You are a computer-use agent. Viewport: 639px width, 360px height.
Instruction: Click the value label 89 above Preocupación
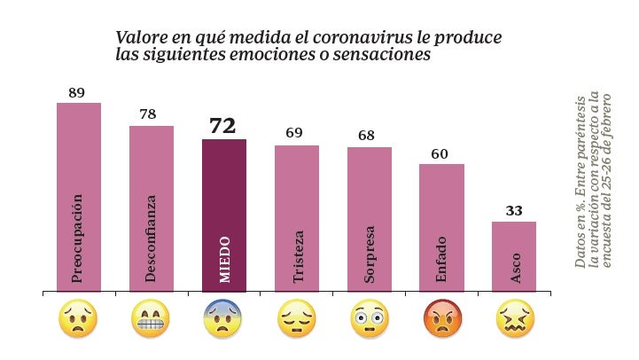click(76, 93)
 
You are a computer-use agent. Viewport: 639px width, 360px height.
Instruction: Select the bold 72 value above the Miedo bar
click(222, 126)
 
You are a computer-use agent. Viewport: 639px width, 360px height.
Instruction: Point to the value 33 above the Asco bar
click(514, 211)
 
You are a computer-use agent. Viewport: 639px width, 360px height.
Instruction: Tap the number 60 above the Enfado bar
click(440, 154)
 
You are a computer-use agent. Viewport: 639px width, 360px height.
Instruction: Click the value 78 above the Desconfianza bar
click(149, 115)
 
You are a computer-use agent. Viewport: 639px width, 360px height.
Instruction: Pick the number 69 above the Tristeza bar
click(294, 134)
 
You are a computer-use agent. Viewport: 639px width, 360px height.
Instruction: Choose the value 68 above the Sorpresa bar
click(367, 136)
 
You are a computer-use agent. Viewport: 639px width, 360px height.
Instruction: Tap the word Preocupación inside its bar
click(78, 239)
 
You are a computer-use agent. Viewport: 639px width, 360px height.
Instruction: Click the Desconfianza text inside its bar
click(152, 239)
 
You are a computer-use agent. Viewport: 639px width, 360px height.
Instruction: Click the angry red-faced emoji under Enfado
click(441, 320)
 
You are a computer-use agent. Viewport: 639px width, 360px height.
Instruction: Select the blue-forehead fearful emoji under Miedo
click(223, 320)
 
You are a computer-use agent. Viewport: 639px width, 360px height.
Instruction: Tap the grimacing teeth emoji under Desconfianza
click(151, 320)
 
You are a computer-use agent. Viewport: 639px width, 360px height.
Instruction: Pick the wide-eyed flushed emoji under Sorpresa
click(369, 320)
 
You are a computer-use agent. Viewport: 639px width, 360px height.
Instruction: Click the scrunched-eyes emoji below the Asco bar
click(514, 320)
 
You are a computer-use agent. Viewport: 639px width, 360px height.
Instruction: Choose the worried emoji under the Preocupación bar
click(78, 320)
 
